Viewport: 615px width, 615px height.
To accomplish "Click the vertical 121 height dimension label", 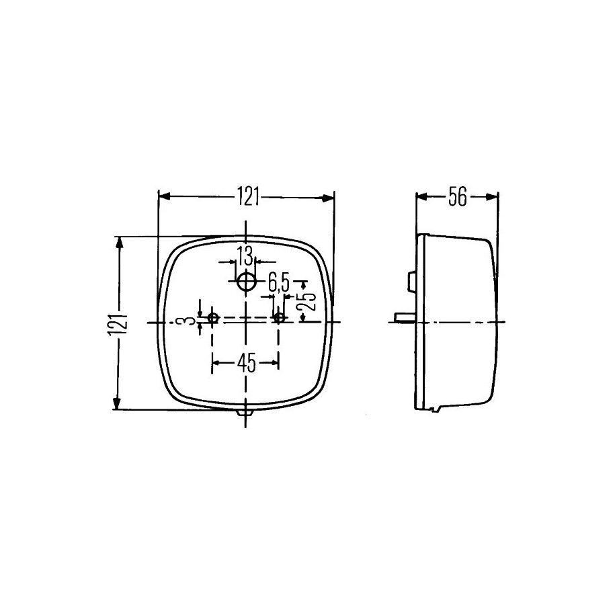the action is (116, 324).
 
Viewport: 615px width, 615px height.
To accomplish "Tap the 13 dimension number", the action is (244, 257).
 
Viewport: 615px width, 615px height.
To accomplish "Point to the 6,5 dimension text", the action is (279, 283).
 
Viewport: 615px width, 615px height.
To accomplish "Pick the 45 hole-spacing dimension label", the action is (246, 362).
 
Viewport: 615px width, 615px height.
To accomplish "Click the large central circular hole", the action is (246, 281).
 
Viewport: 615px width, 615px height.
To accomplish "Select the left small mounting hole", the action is (213, 318).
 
